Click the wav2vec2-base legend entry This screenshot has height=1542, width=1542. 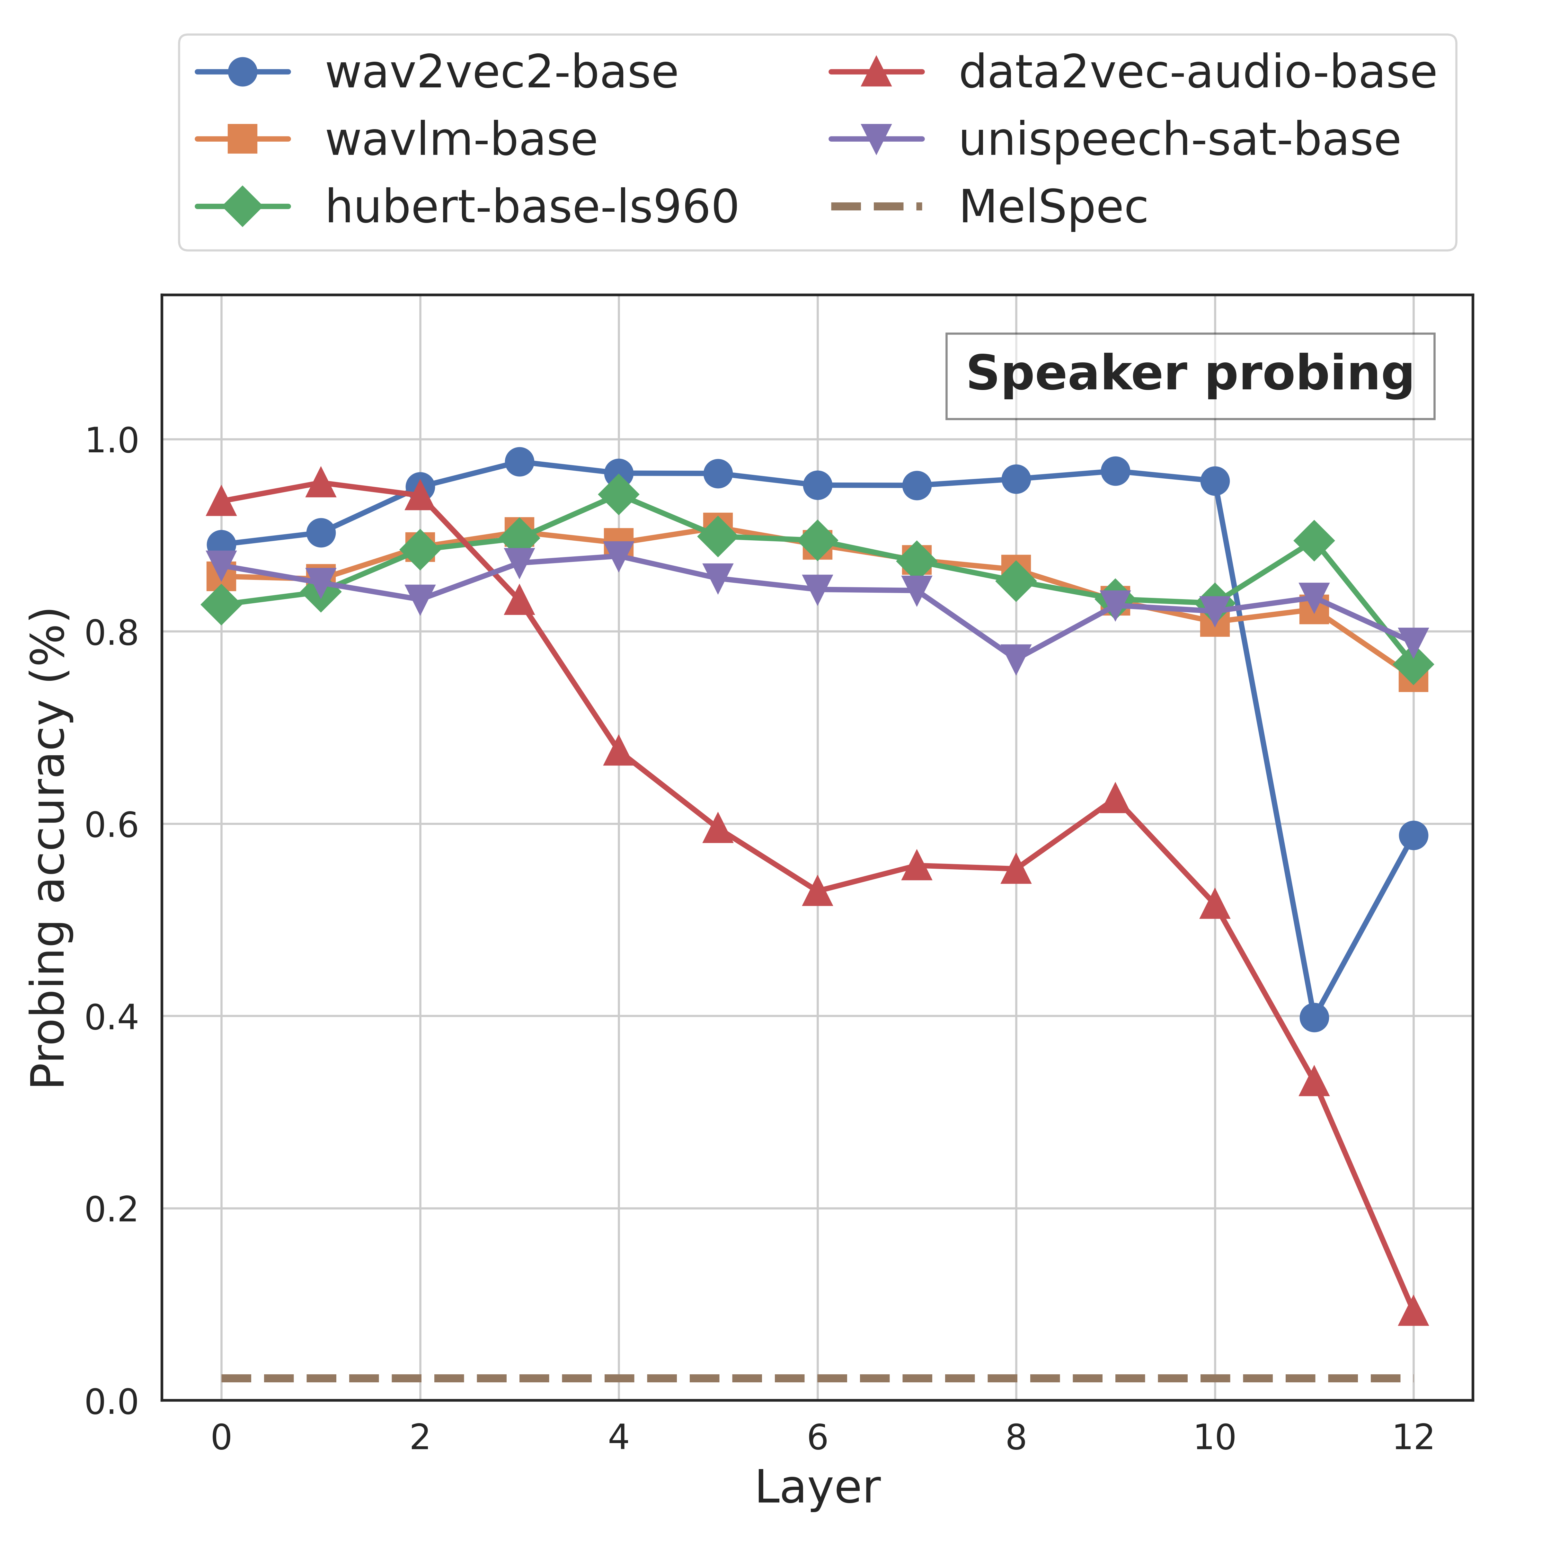click(x=437, y=72)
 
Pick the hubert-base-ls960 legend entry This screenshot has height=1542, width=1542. click(x=467, y=207)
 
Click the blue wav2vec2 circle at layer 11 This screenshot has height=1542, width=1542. click(x=1314, y=1018)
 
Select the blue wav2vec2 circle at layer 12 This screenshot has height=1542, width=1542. click(x=1413, y=836)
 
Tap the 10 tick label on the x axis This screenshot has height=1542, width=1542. click(x=1214, y=1438)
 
